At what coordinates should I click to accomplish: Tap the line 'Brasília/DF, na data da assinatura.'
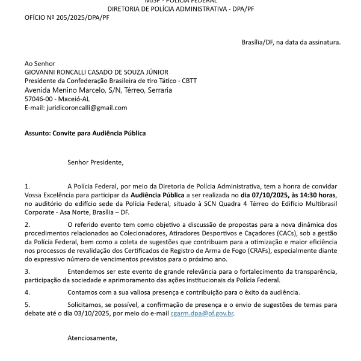click(291, 43)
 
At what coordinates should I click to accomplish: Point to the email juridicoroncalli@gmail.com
click(87, 108)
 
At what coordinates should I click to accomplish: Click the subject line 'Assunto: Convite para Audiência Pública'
click(85, 133)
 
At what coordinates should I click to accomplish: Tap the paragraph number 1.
click(26, 187)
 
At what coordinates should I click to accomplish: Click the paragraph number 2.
click(26, 224)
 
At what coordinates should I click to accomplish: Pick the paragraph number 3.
click(26, 271)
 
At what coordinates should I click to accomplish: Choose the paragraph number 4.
click(26, 292)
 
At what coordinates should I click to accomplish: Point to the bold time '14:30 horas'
click(315, 195)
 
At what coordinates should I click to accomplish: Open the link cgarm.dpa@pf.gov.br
click(202, 313)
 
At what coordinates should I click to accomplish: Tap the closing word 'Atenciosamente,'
click(92, 338)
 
